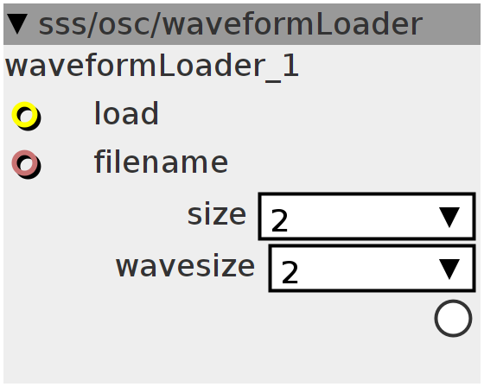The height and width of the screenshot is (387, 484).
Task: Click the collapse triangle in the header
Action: tap(17, 24)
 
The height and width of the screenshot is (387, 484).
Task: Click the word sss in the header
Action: tap(61, 25)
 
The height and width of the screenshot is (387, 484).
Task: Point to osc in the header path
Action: tap(124, 25)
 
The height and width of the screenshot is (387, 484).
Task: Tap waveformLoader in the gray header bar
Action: tap(292, 24)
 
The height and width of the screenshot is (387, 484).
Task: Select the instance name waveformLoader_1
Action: tap(152, 66)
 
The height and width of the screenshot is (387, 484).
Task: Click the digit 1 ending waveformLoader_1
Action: tap(290, 65)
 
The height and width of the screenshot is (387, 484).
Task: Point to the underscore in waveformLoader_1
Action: tap(273, 80)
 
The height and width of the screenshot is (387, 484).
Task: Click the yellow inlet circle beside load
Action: tap(25, 115)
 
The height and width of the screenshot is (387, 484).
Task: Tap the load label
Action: tap(126, 113)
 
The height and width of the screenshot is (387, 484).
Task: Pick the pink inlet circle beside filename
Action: tap(25, 163)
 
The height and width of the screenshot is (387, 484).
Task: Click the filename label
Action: tap(161, 162)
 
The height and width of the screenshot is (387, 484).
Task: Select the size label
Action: tap(217, 214)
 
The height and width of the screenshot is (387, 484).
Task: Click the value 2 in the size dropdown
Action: tap(280, 220)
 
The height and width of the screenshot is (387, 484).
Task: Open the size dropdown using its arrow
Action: tap(449, 217)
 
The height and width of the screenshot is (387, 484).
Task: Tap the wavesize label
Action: tap(186, 266)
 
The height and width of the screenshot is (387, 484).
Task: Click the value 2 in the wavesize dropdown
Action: tap(290, 272)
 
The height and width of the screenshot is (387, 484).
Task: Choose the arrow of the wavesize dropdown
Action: tap(449, 269)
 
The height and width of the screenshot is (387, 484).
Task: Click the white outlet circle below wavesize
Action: tap(453, 318)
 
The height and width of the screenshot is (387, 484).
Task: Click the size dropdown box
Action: tap(367, 216)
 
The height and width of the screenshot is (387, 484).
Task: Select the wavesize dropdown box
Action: tap(372, 268)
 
